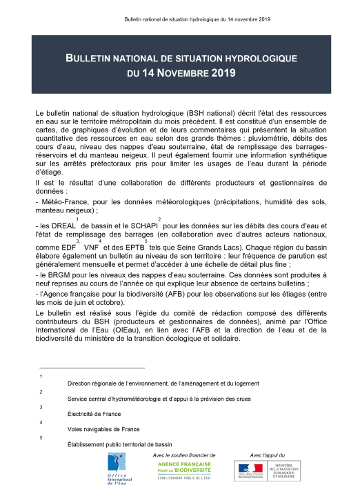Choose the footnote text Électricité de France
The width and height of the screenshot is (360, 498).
click(x=94, y=414)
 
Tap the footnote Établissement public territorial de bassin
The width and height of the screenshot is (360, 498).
click(x=119, y=444)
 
